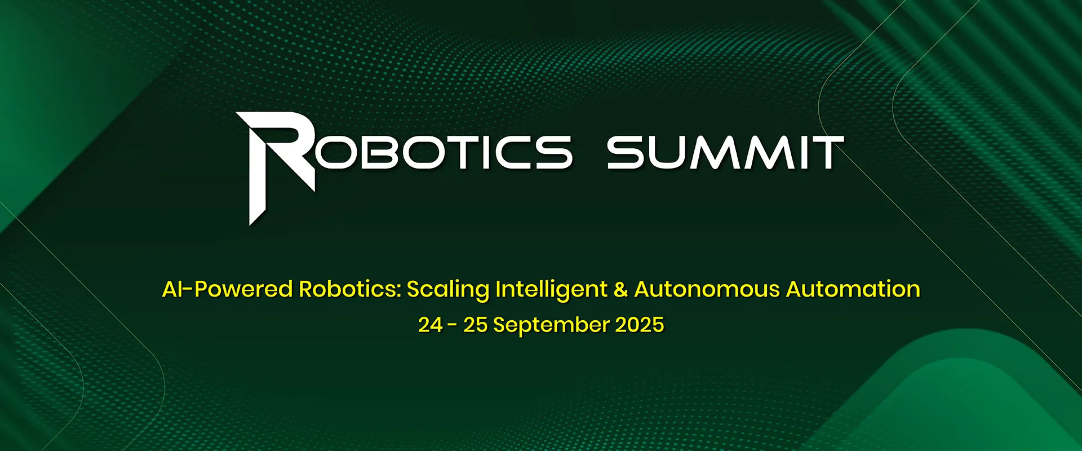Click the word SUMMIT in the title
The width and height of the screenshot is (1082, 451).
pyautogui.click(x=725, y=152)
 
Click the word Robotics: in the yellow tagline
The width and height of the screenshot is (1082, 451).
pyautogui.click(x=349, y=289)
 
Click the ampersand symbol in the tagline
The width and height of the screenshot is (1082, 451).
pyautogui.click(x=620, y=289)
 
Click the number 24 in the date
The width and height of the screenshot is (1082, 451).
pyautogui.click(x=431, y=325)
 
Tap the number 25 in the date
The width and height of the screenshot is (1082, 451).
pyautogui.click(x=476, y=325)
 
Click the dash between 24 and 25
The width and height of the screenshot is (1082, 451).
pyautogui.click(x=453, y=326)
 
